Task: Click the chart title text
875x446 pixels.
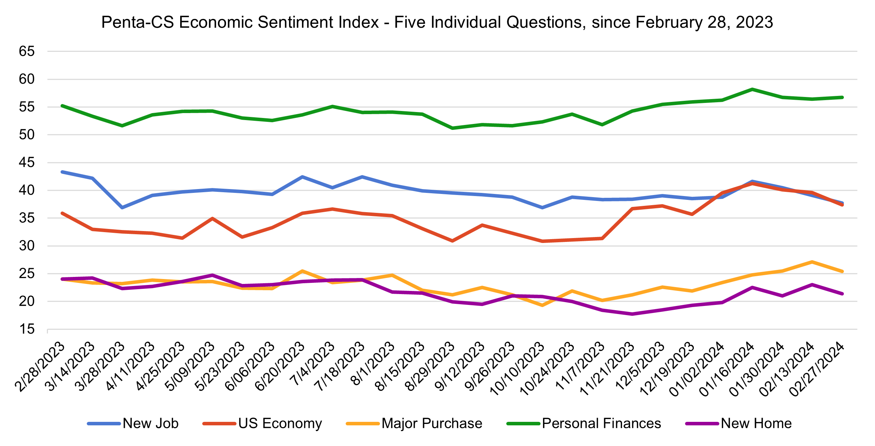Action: [437, 22]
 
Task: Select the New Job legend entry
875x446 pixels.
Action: [150, 424]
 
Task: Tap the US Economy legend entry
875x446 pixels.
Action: [280, 424]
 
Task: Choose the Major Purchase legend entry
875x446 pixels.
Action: [432, 424]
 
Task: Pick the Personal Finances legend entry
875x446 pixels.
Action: [601, 424]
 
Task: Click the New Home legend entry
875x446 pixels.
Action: [756, 424]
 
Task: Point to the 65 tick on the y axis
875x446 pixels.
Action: [27, 51]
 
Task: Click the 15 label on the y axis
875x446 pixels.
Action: [27, 329]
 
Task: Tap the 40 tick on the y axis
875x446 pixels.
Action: [27, 190]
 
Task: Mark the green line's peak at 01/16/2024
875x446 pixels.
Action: [752, 89]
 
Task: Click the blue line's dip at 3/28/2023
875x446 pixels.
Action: [122, 208]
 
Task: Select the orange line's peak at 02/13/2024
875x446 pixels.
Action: [812, 262]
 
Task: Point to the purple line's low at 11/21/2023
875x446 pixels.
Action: [632, 314]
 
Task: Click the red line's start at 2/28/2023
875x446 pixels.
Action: [62, 213]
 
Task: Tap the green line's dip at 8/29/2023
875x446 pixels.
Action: [452, 128]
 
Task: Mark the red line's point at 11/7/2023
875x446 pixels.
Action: [602, 238]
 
